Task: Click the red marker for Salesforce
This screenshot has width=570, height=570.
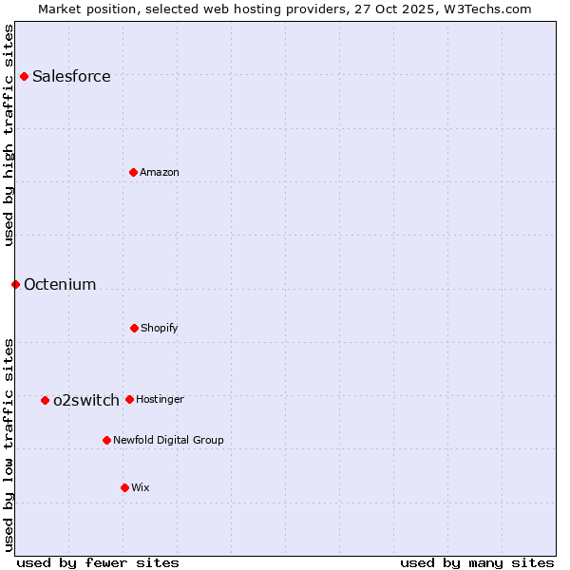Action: tap(24, 76)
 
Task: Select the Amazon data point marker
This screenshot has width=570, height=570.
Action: tap(133, 172)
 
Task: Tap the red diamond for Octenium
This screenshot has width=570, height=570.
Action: tap(15, 284)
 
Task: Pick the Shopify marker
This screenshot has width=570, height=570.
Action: tap(134, 328)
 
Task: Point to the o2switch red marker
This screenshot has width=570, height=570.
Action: tap(45, 400)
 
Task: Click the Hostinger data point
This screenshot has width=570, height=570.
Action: tap(129, 399)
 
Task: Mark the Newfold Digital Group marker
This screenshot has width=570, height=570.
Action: tap(106, 440)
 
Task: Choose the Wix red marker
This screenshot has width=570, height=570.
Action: tap(124, 487)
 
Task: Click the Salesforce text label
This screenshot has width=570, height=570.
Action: tap(71, 76)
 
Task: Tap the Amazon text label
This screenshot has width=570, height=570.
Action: tap(160, 172)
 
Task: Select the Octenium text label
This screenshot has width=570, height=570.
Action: tap(60, 284)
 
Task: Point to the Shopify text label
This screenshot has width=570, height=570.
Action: tap(160, 328)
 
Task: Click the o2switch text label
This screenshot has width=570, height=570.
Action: tap(86, 400)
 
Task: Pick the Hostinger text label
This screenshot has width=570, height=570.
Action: tap(160, 399)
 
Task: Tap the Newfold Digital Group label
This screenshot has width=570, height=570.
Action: tap(168, 440)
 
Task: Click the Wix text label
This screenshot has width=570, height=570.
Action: tap(141, 487)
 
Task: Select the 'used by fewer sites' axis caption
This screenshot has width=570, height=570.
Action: tap(98, 562)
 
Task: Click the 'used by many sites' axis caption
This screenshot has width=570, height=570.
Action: tap(477, 562)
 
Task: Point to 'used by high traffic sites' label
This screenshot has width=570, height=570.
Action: tap(9, 135)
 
